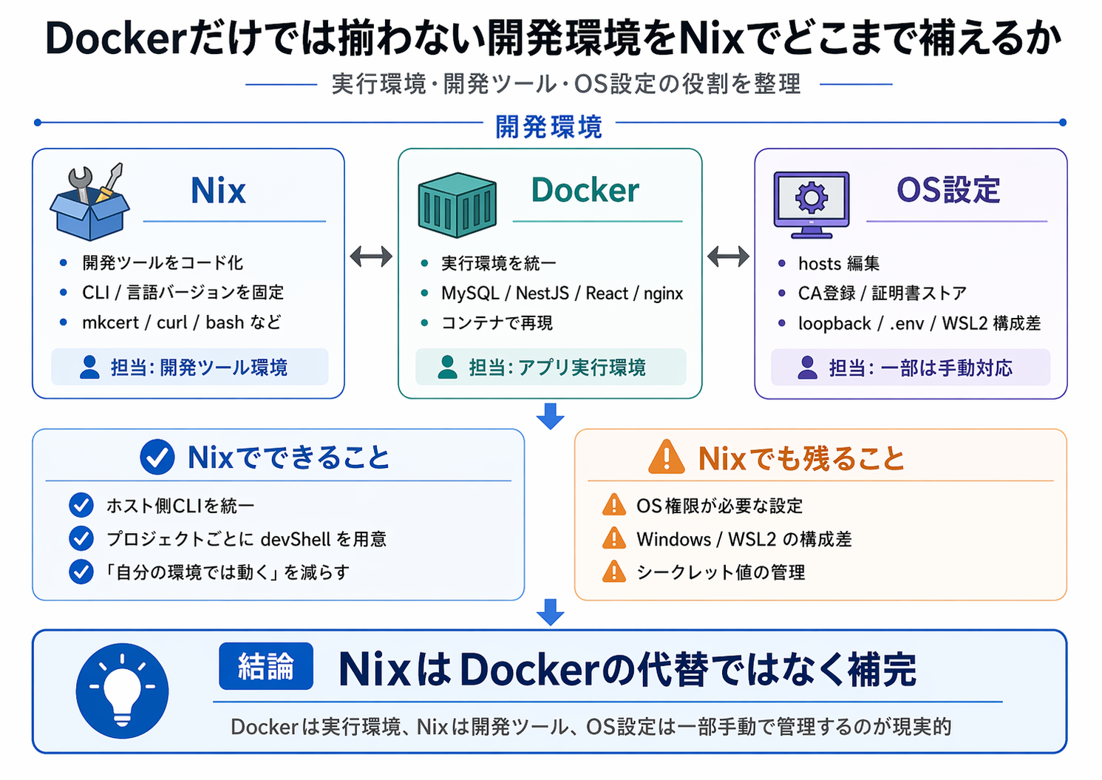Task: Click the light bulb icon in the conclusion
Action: pyautogui.click(x=122, y=691)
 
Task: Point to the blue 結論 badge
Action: pyautogui.click(x=266, y=666)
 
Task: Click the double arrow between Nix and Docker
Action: pyautogui.click(x=371, y=257)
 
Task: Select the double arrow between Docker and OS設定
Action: pyautogui.click(x=728, y=257)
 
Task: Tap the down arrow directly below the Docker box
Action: pyautogui.click(x=551, y=416)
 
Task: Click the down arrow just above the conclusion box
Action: pyautogui.click(x=551, y=612)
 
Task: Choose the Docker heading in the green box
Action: pyautogui.click(x=585, y=191)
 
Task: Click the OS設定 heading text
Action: pyautogui.click(x=948, y=191)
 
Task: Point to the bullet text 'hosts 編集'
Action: pyautogui.click(x=838, y=264)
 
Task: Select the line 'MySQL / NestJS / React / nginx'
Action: pyautogui.click(x=562, y=294)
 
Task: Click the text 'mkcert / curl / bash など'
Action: pyautogui.click(x=181, y=322)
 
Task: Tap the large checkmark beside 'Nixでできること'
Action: pyautogui.click(x=157, y=458)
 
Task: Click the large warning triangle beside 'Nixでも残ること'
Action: pyautogui.click(x=667, y=458)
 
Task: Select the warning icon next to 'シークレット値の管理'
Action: pyautogui.click(x=614, y=572)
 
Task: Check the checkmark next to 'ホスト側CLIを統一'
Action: pyautogui.click(x=81, y=506)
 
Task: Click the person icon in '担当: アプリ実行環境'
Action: pyautogui.click(x=447, y=367)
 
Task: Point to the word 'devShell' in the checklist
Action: pyautogui.click(x=296, y=540)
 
